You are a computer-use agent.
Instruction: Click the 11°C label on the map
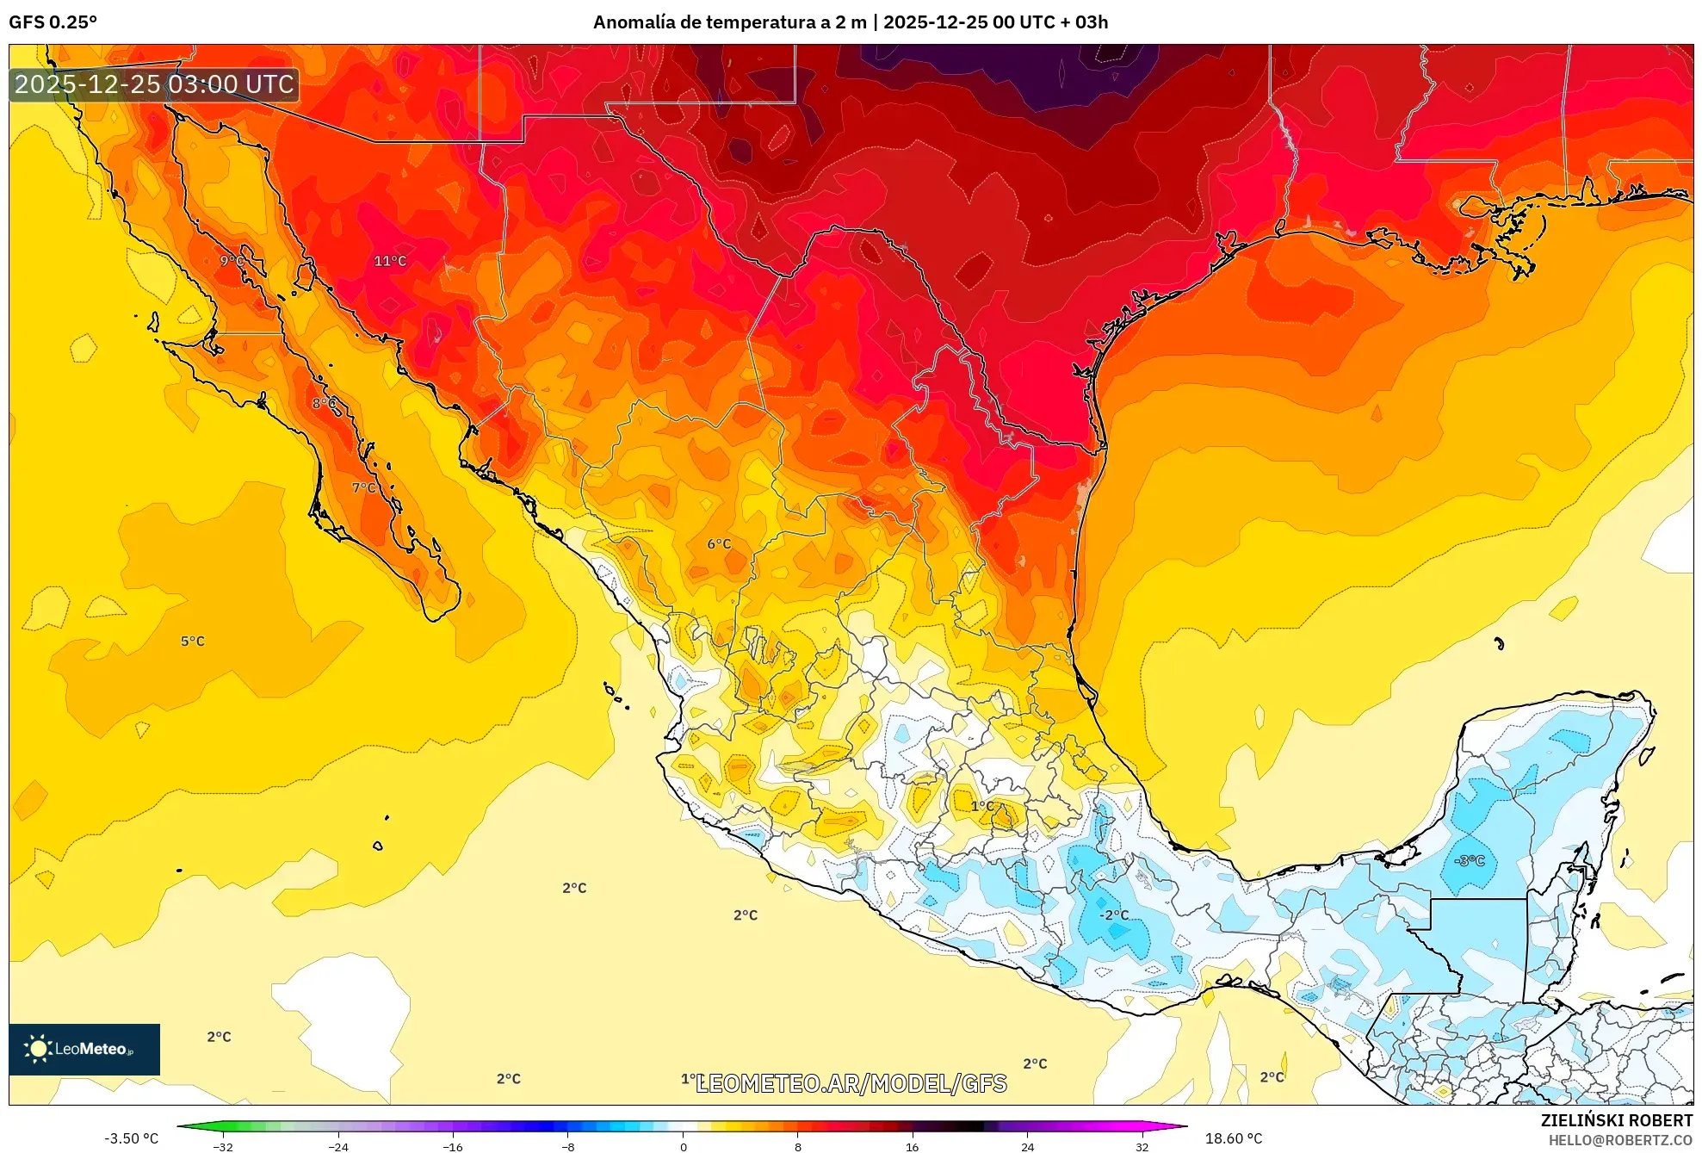pos(390,261)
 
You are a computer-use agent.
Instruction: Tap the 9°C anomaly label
pos(231,261)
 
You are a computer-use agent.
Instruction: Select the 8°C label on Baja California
pos(325,403)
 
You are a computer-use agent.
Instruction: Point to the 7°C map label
pos(364,487)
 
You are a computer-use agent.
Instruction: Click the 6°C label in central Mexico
pos(719,544)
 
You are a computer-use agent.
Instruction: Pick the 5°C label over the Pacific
pos(193,642)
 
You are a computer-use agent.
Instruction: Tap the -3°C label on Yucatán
pos(1469,860)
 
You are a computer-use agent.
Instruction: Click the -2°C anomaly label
pos(1114,915)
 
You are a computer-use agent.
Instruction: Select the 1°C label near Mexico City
pos(982,806)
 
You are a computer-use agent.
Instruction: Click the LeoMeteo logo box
pos(84,1049)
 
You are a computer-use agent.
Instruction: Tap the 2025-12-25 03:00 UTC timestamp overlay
pos(155,84)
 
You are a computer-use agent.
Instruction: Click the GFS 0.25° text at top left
pos(53,22)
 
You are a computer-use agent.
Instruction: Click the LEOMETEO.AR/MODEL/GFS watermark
pos(851,1083)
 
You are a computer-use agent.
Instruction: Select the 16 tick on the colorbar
pos(912,1146)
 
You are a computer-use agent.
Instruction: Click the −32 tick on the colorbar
pos(223,1146)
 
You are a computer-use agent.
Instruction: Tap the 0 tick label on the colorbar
pos(683,1146)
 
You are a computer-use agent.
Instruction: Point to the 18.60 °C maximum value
pos(1234,1138)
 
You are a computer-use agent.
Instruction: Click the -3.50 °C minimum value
pos(132,1138)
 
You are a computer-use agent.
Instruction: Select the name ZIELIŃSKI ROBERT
pos(1616,1120)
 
